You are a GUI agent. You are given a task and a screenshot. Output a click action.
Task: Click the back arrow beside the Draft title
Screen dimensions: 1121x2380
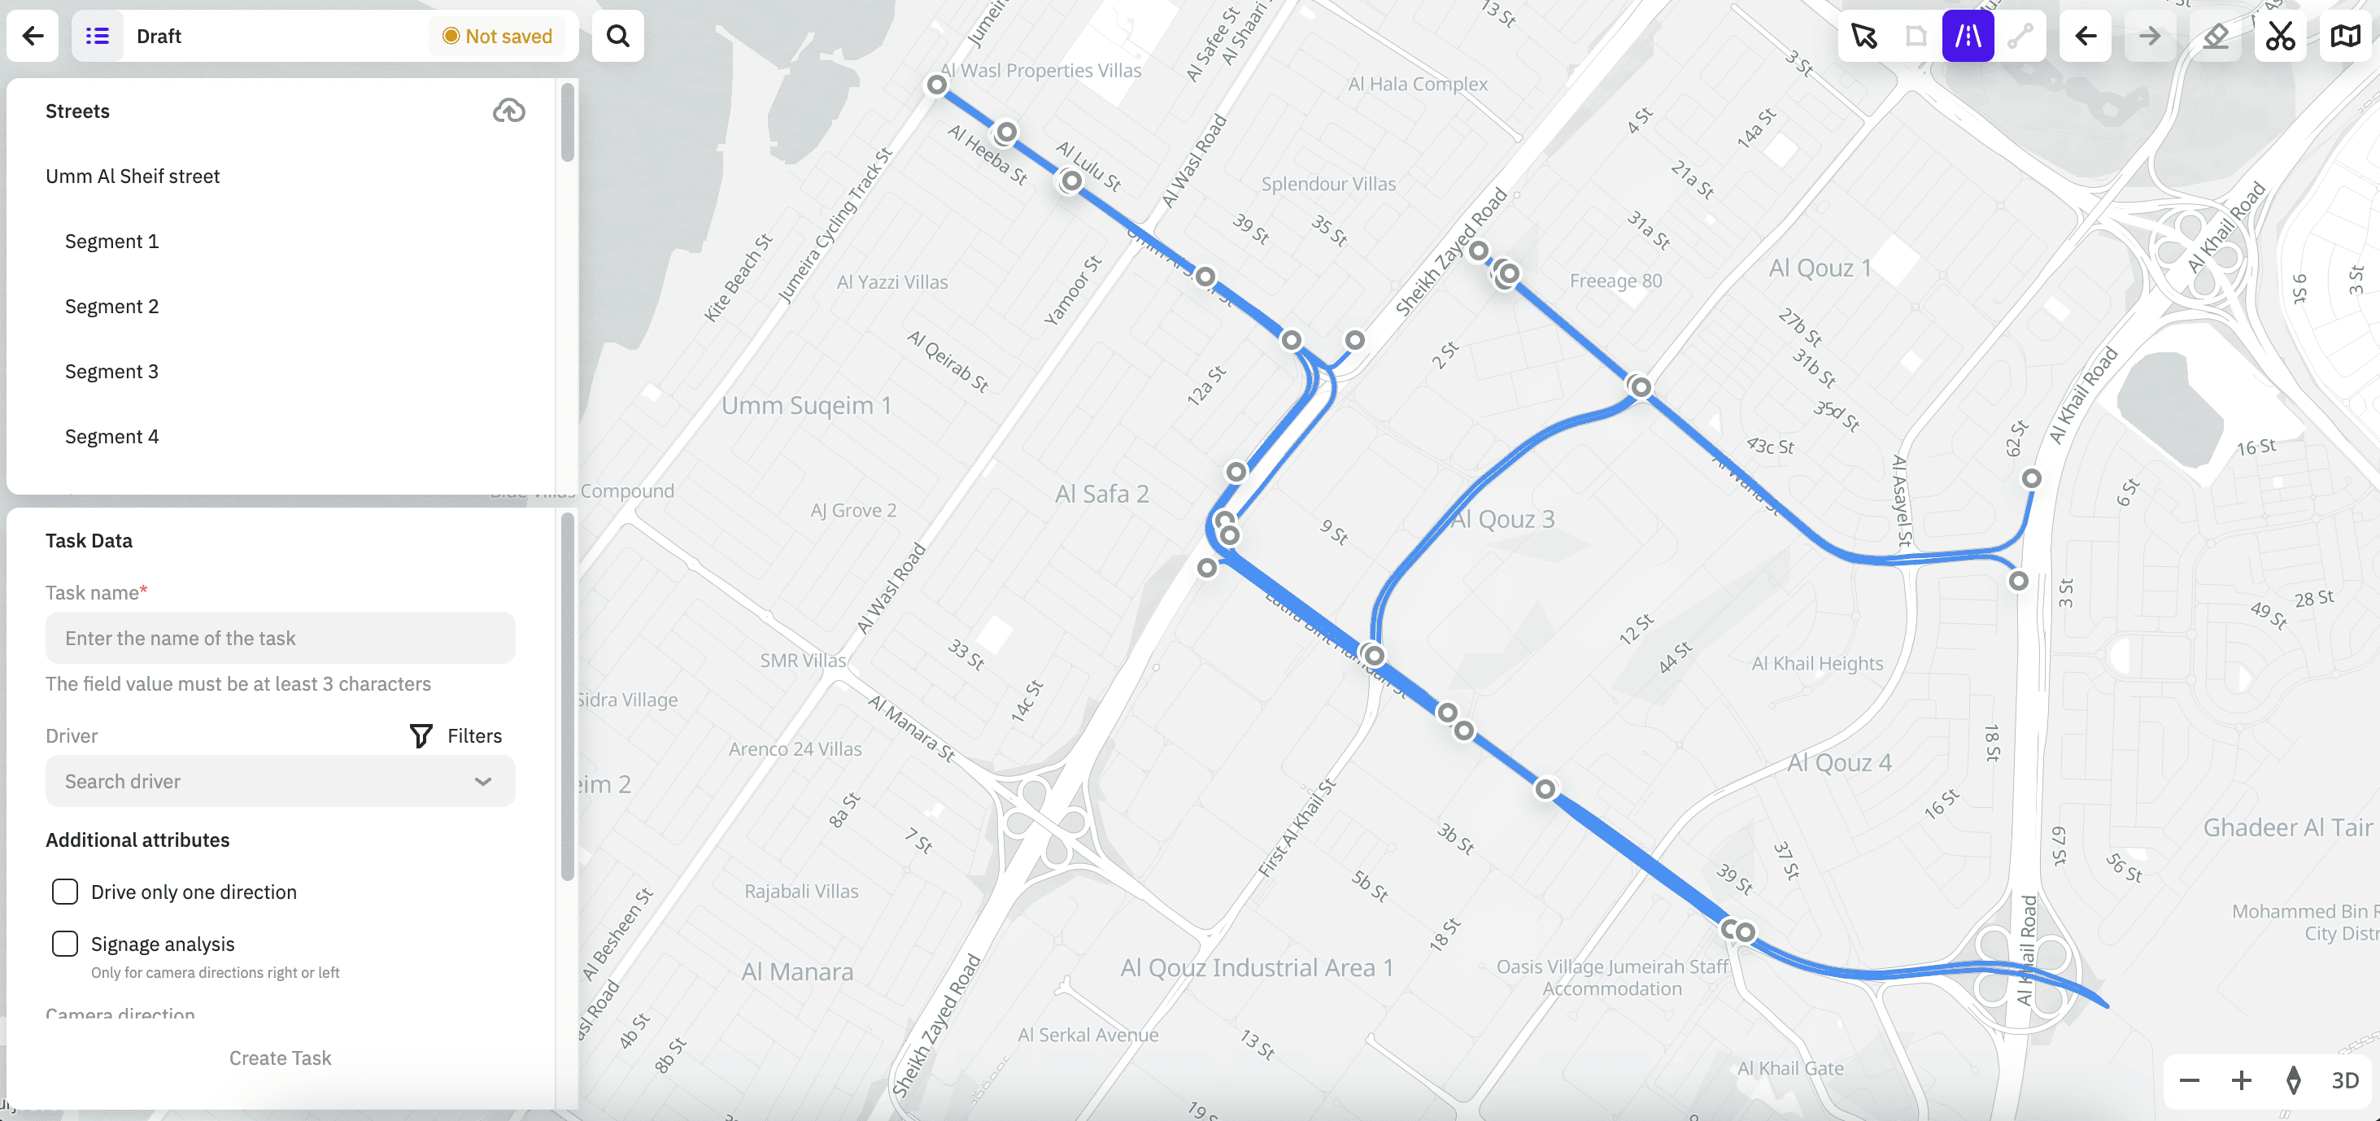pos(33,36)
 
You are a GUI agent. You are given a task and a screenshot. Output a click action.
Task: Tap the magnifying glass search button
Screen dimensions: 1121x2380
pos(617,36)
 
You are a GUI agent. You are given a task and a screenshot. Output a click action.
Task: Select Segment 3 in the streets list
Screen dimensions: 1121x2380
pos(111,372)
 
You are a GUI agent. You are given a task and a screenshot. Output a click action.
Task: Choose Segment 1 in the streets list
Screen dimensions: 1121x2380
pos(111,242)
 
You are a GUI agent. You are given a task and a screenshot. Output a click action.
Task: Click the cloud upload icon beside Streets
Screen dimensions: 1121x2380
pos(508,111)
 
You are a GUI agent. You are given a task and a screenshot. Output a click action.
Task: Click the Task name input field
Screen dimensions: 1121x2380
pos(280,638)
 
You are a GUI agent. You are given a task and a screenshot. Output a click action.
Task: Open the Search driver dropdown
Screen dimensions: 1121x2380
pos(280,781)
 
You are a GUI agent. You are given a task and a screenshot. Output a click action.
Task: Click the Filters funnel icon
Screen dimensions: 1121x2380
pos(421,735)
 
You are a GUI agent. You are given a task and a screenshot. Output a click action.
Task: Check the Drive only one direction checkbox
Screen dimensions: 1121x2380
pos(65,892)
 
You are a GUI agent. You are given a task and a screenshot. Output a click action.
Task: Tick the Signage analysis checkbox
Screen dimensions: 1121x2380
pos(65,944)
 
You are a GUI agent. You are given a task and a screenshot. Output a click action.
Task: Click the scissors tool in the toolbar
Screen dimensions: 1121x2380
pos(2279,36)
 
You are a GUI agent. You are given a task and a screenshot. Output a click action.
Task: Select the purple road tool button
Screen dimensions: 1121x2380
pos(1967,36)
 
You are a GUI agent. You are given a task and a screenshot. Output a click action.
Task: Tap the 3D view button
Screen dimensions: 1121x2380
pos(2344,1080)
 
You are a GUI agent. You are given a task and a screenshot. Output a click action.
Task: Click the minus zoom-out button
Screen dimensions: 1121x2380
pos(2189,1080)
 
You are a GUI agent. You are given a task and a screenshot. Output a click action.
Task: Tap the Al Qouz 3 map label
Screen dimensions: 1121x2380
pos(1502,519)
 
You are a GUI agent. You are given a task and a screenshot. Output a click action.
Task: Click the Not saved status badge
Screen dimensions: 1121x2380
pos(497,36)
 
